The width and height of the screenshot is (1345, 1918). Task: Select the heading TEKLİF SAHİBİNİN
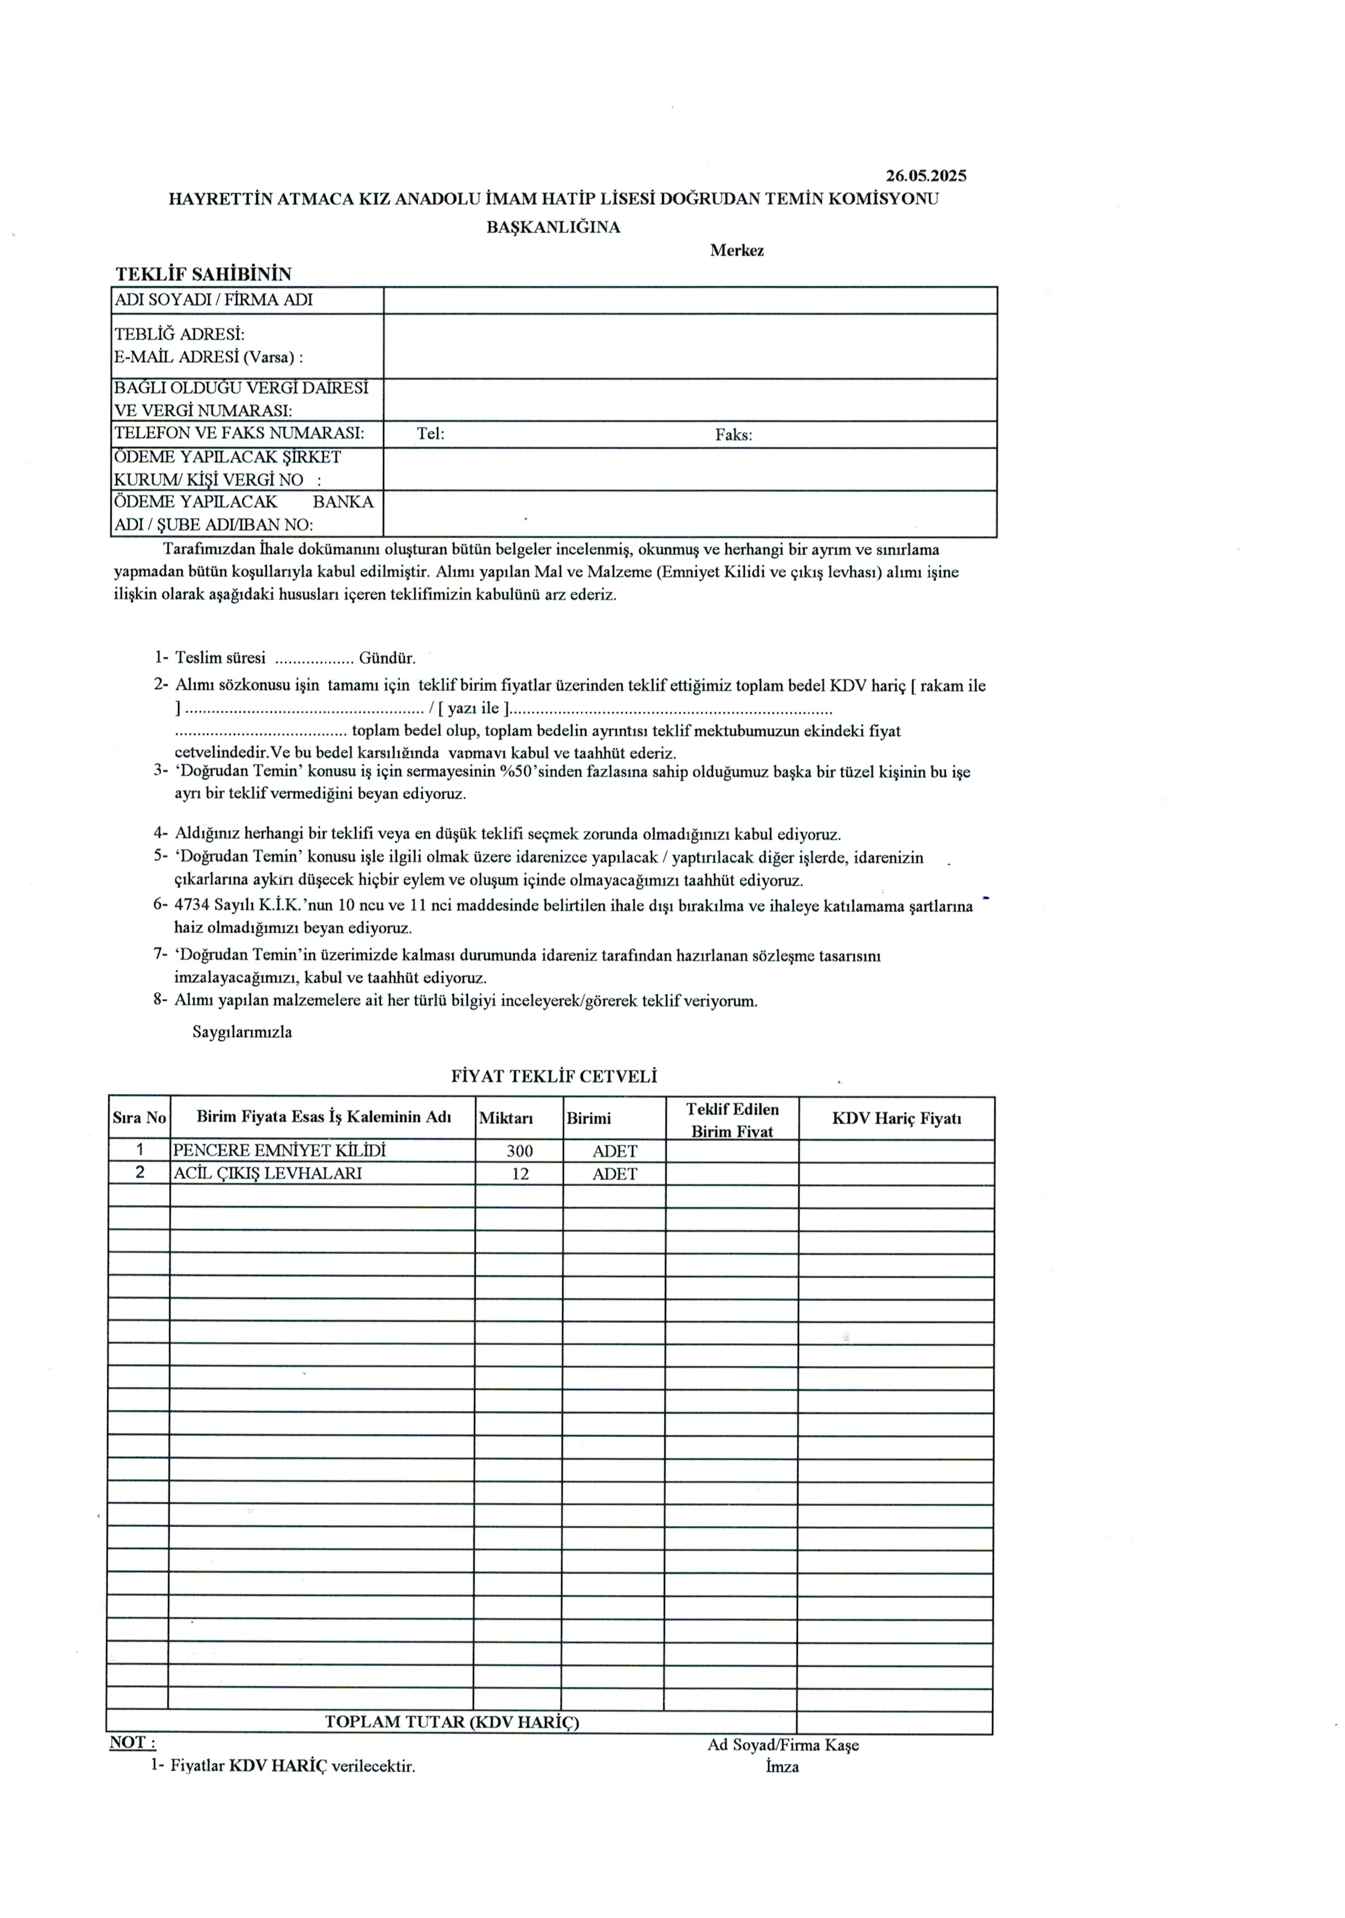[x=203, y=274]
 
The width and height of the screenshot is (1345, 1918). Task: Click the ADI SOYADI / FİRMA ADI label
[x=213, y=300]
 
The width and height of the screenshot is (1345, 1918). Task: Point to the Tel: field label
[x=430, y=434]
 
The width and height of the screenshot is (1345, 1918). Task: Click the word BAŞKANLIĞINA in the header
[x=553, y=227]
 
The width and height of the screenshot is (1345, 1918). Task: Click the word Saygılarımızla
[x=242, y=1032]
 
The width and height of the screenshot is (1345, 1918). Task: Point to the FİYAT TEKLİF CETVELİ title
[x=553, y=1077]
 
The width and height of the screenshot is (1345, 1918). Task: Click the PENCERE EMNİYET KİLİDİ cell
[x=279, y=1150]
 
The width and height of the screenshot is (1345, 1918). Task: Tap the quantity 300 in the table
[x=520, y=1151]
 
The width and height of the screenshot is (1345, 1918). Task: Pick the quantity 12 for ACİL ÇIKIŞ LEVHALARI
[x=520, y=1174]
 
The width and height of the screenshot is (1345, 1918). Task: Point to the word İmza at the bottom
[x=782, y=1767]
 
